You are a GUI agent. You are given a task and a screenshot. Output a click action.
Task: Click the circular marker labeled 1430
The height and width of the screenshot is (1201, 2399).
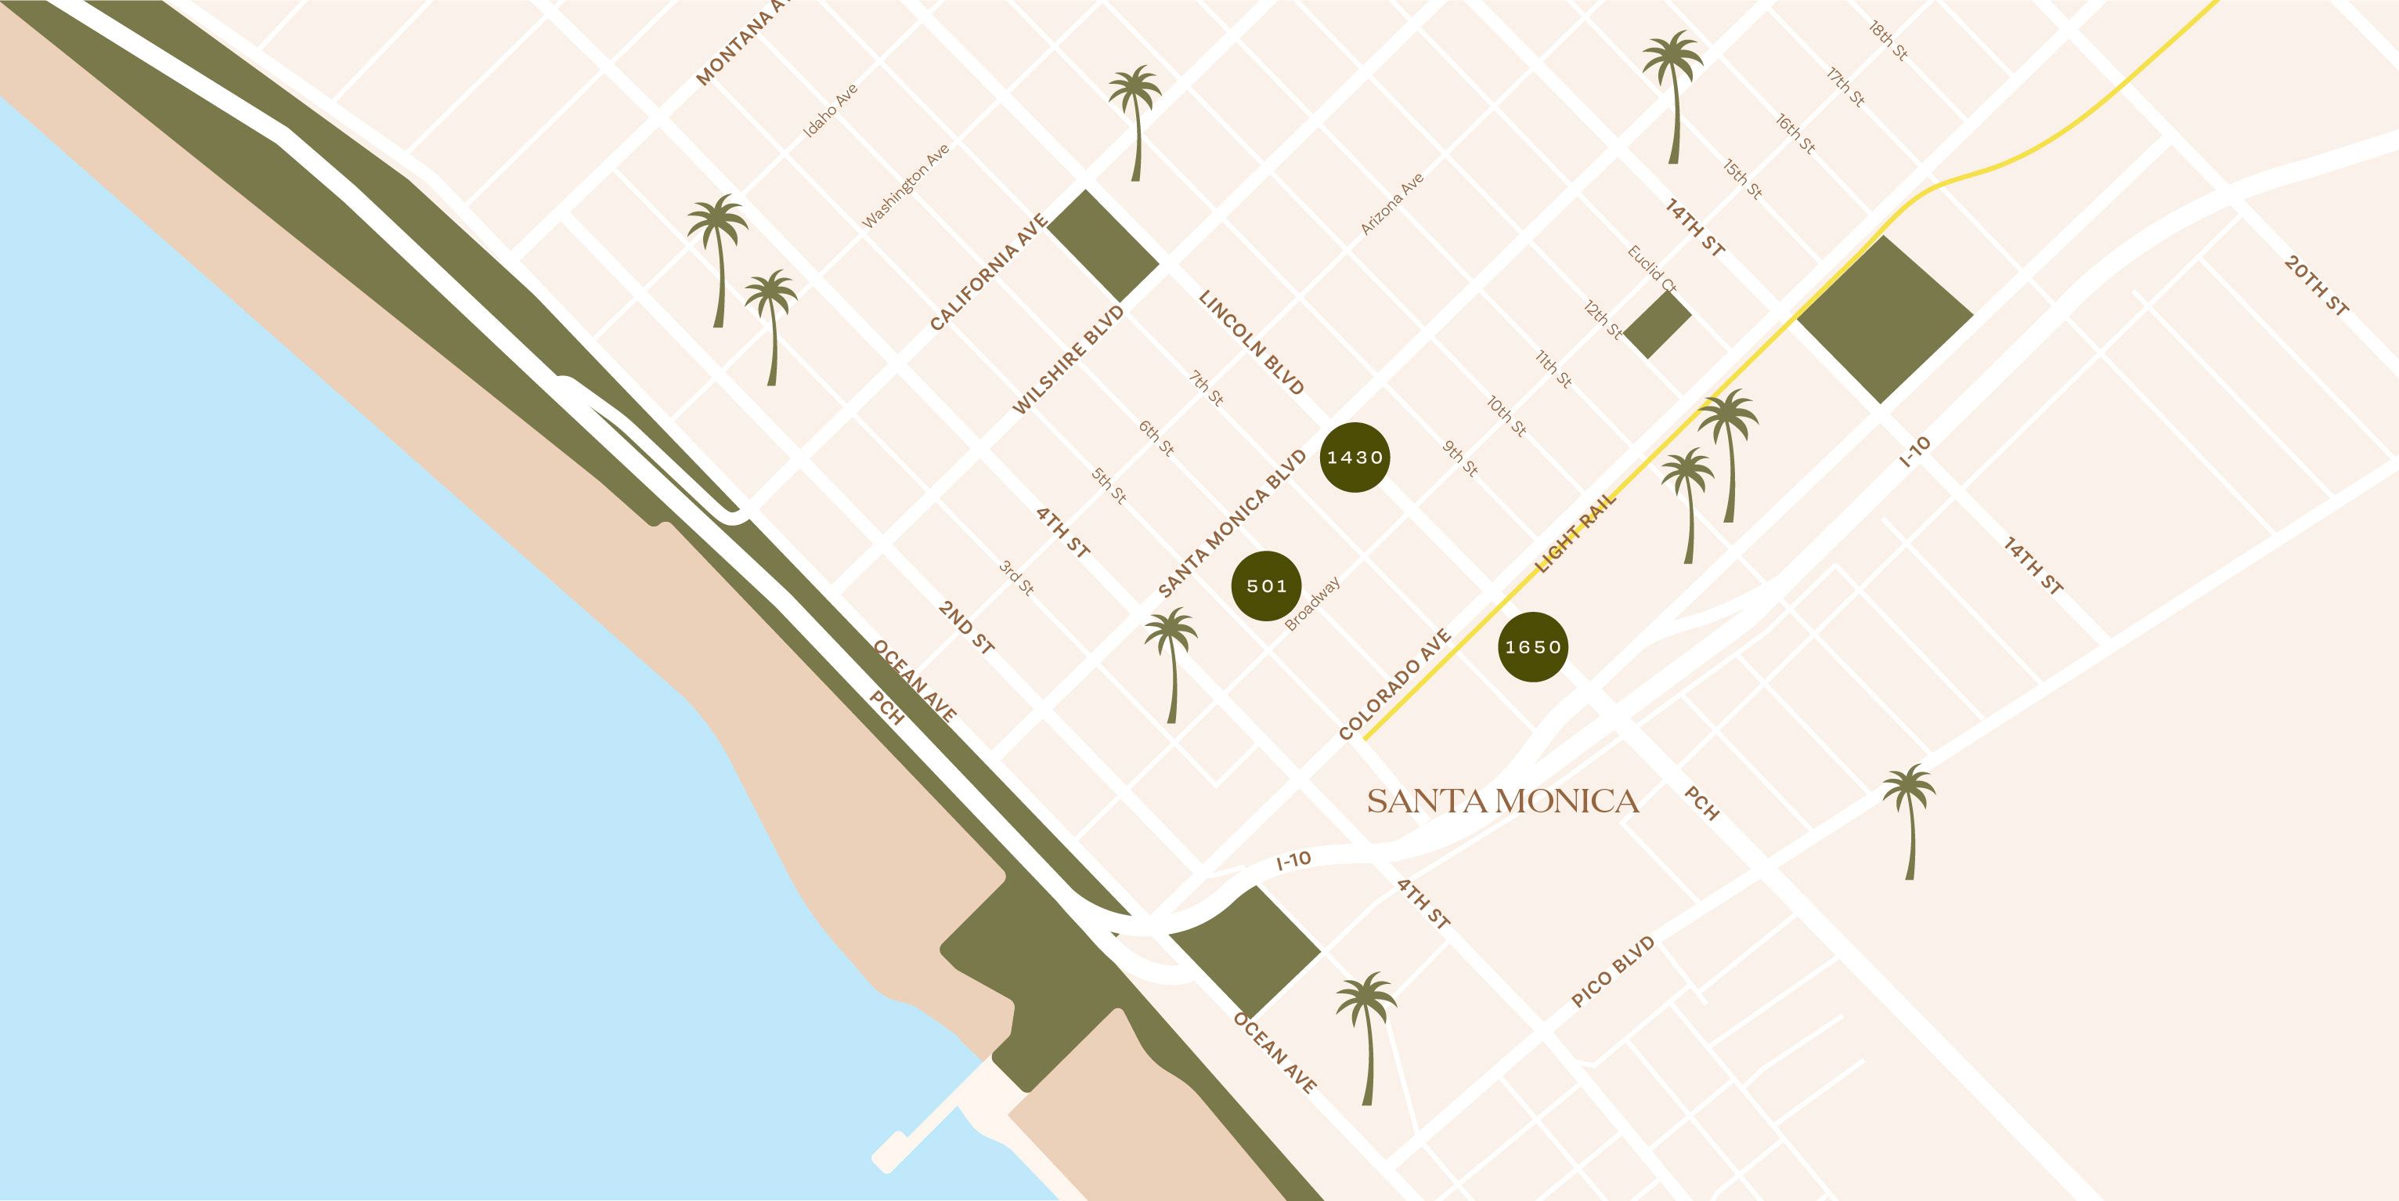pos(1355,457)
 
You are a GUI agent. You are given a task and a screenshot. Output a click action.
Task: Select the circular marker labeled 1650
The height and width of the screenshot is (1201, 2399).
pos(1532,646)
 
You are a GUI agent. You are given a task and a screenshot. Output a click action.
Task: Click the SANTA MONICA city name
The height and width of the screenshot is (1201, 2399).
pos(1503,801)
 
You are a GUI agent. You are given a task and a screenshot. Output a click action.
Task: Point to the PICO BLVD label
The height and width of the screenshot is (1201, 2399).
pos(1613,971)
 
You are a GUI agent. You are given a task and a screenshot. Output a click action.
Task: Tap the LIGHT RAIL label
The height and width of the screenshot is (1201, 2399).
pos(1576,534)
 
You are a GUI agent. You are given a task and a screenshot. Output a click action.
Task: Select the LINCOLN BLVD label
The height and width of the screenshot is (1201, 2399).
pos(1250,342)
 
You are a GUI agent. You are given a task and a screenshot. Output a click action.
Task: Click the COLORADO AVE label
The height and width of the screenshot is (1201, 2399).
pos(1394,685)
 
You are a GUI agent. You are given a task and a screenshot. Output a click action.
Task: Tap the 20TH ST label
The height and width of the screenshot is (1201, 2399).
pos(2317,286)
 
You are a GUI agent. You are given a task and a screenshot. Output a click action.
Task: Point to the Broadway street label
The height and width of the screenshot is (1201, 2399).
pos(1312,604)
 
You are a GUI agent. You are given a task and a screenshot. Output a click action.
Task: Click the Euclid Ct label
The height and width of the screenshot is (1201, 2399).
pos(1651,270)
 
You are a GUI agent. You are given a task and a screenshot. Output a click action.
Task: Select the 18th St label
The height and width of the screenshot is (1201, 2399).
pos(1889,41)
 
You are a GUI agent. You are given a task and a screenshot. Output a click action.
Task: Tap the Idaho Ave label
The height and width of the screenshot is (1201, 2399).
pos(831,112)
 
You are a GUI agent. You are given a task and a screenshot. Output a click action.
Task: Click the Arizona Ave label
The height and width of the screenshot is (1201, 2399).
pos(1392,204)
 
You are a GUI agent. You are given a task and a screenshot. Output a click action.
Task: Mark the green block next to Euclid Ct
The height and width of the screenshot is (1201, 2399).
pos(1658,325)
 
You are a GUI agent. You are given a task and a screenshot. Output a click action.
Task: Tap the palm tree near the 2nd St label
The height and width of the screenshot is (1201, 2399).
pos(1171,664)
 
